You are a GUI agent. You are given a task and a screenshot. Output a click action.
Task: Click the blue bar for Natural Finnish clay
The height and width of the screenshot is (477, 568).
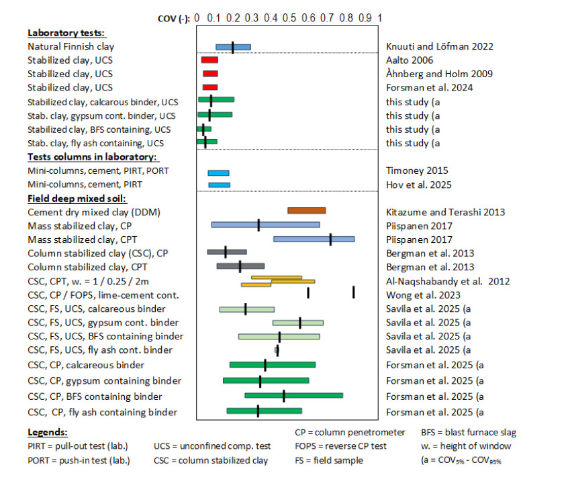tap(233, 47)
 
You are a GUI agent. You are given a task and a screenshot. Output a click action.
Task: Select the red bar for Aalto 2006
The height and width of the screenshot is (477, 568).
tap(209, 60)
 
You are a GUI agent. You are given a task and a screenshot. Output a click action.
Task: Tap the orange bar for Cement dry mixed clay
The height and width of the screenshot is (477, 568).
tap(306, 211)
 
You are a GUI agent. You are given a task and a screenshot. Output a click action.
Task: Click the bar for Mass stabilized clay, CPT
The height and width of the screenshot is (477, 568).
tap(314, 239)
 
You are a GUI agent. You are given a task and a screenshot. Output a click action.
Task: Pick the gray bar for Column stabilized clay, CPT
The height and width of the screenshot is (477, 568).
tap(240, 266)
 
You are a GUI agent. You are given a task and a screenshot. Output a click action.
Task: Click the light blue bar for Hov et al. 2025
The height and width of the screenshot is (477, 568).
tap(219, 184)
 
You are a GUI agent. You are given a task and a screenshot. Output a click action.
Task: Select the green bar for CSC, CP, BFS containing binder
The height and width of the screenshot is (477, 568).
tap(293, 396)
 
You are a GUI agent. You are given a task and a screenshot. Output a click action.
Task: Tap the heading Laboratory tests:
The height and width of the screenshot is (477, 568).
tap(66, 33)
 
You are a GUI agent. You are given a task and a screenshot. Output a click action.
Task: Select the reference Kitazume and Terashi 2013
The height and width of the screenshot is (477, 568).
tap(445, 212)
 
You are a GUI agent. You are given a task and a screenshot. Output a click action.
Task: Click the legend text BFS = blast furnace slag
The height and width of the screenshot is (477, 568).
tap(469, 432)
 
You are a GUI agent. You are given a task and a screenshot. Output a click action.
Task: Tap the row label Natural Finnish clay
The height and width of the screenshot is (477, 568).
tap(70, 47)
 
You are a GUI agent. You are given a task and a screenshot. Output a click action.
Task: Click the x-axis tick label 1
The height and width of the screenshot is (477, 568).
tap(380, 18)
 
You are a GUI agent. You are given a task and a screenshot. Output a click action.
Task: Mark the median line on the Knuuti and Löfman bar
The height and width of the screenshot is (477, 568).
tap(233, 47)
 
